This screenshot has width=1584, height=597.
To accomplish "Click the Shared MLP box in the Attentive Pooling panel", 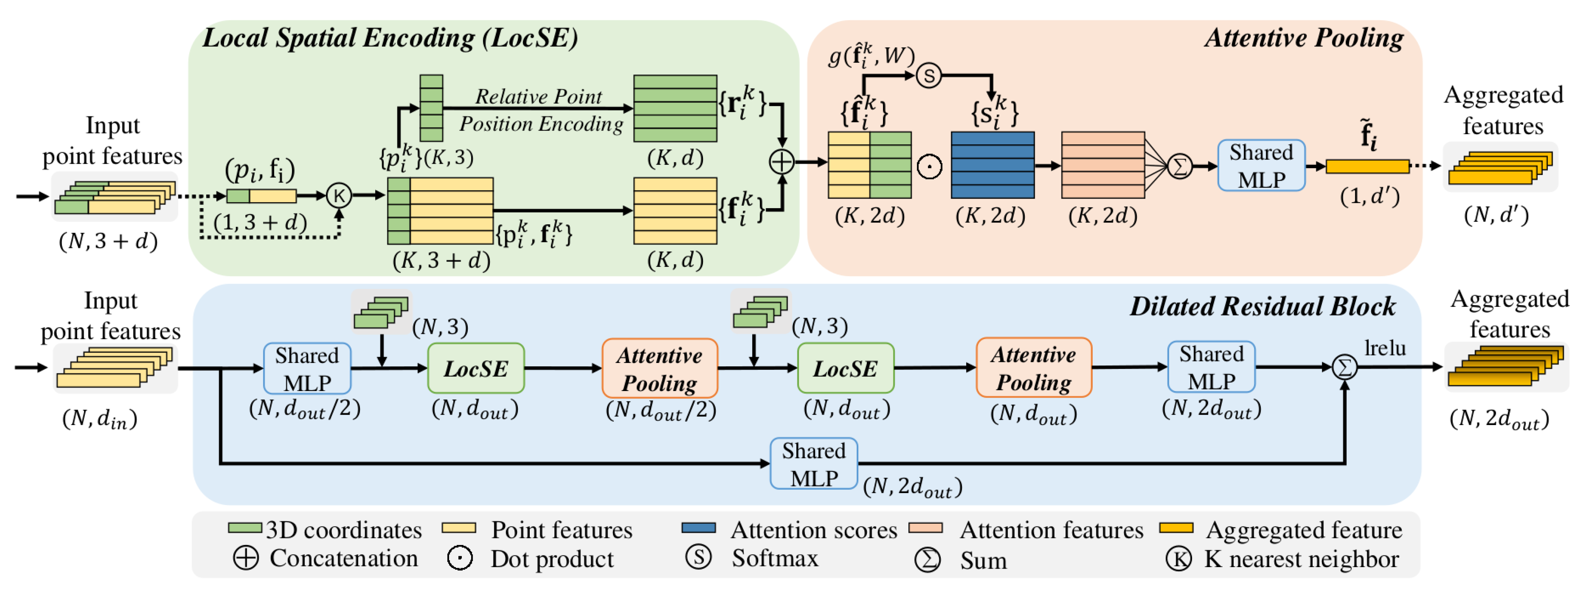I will pos(1261,166).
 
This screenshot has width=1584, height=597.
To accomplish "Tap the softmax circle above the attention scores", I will pos(928,76).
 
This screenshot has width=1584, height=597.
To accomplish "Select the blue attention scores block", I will pos(992,165).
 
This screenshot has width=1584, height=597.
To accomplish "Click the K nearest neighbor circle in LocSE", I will pos(338,196).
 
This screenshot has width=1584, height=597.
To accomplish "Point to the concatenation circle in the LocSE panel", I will pos(781,162).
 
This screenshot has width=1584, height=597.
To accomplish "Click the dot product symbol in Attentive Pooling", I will pos(929,167).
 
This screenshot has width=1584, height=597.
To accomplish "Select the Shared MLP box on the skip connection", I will pos(813,464).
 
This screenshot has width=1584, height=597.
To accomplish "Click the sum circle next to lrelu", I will pos(1344,367).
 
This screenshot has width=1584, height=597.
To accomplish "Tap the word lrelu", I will pos(1385,348).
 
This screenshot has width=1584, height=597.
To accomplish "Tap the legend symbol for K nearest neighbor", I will pos(1178,559).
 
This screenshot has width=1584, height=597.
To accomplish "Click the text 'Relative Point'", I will pos(539,96).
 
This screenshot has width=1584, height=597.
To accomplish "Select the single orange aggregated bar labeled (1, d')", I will pos(1367,166).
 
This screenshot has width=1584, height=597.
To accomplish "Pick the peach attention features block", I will pos(1102,165).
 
